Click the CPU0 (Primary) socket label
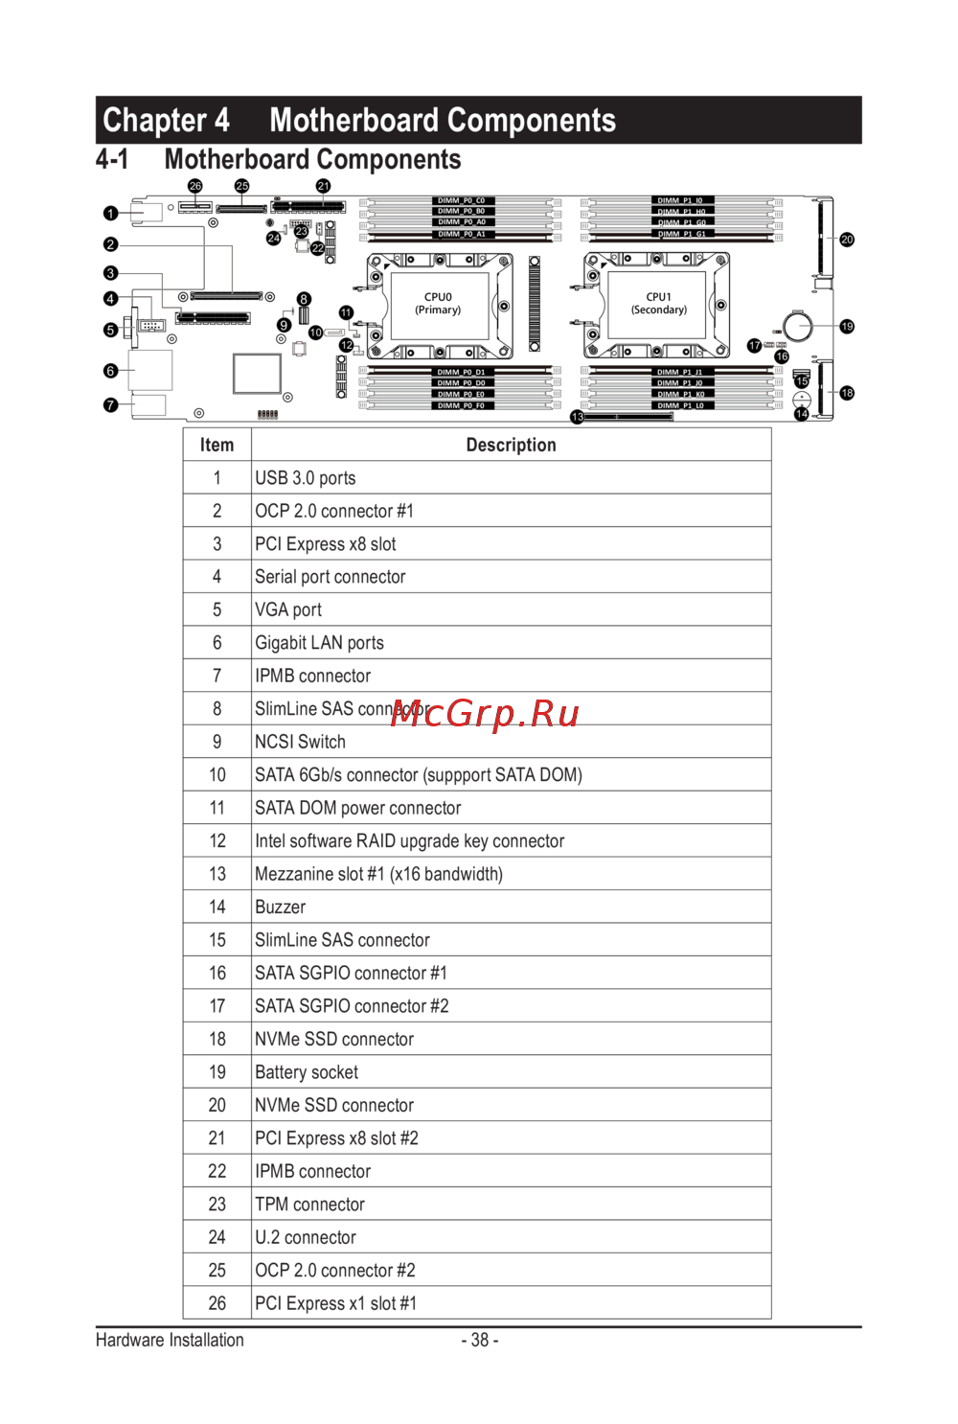438,304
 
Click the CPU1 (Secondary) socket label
659,304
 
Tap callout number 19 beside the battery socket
847,327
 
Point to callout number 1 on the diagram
111,214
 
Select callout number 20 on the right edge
847,240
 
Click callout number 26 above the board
195,186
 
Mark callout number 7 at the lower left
111,405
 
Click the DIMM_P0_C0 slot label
462,201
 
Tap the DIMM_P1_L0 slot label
680,406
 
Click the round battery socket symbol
797,326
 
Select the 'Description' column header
511,445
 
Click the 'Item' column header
217,445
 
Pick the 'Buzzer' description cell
280,907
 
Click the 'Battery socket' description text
307,1072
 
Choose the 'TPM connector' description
309,1205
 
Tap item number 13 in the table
217,874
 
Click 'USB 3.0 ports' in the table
305,478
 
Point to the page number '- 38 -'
479,1340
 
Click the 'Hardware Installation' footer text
170,1340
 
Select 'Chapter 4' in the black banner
166,121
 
